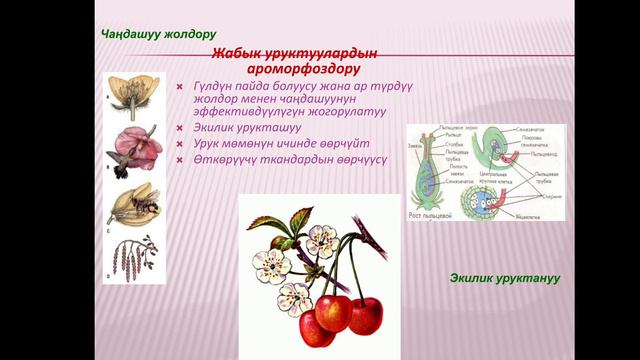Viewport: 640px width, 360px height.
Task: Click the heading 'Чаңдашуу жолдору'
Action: click(158, 34)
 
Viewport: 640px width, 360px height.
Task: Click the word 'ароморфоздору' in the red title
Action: click(303, 70)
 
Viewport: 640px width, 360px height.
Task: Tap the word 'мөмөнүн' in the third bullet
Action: click(247, 144)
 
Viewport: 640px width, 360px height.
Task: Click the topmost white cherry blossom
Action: click(323, 239)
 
